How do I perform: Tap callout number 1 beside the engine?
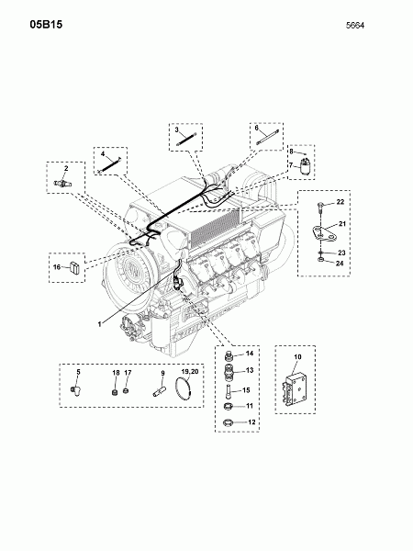pos(100,323)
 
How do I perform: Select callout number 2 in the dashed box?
pos(65,169)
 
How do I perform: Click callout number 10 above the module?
pos(296,354)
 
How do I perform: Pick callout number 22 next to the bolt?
pos(339,201)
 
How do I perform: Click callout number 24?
pos(339,263)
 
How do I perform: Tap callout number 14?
pos(249,353)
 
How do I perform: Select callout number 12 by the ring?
pos(249,422)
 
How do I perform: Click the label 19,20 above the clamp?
pos(190,373)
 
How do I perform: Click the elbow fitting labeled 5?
pos(77,391)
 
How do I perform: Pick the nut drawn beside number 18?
pos(116,390)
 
